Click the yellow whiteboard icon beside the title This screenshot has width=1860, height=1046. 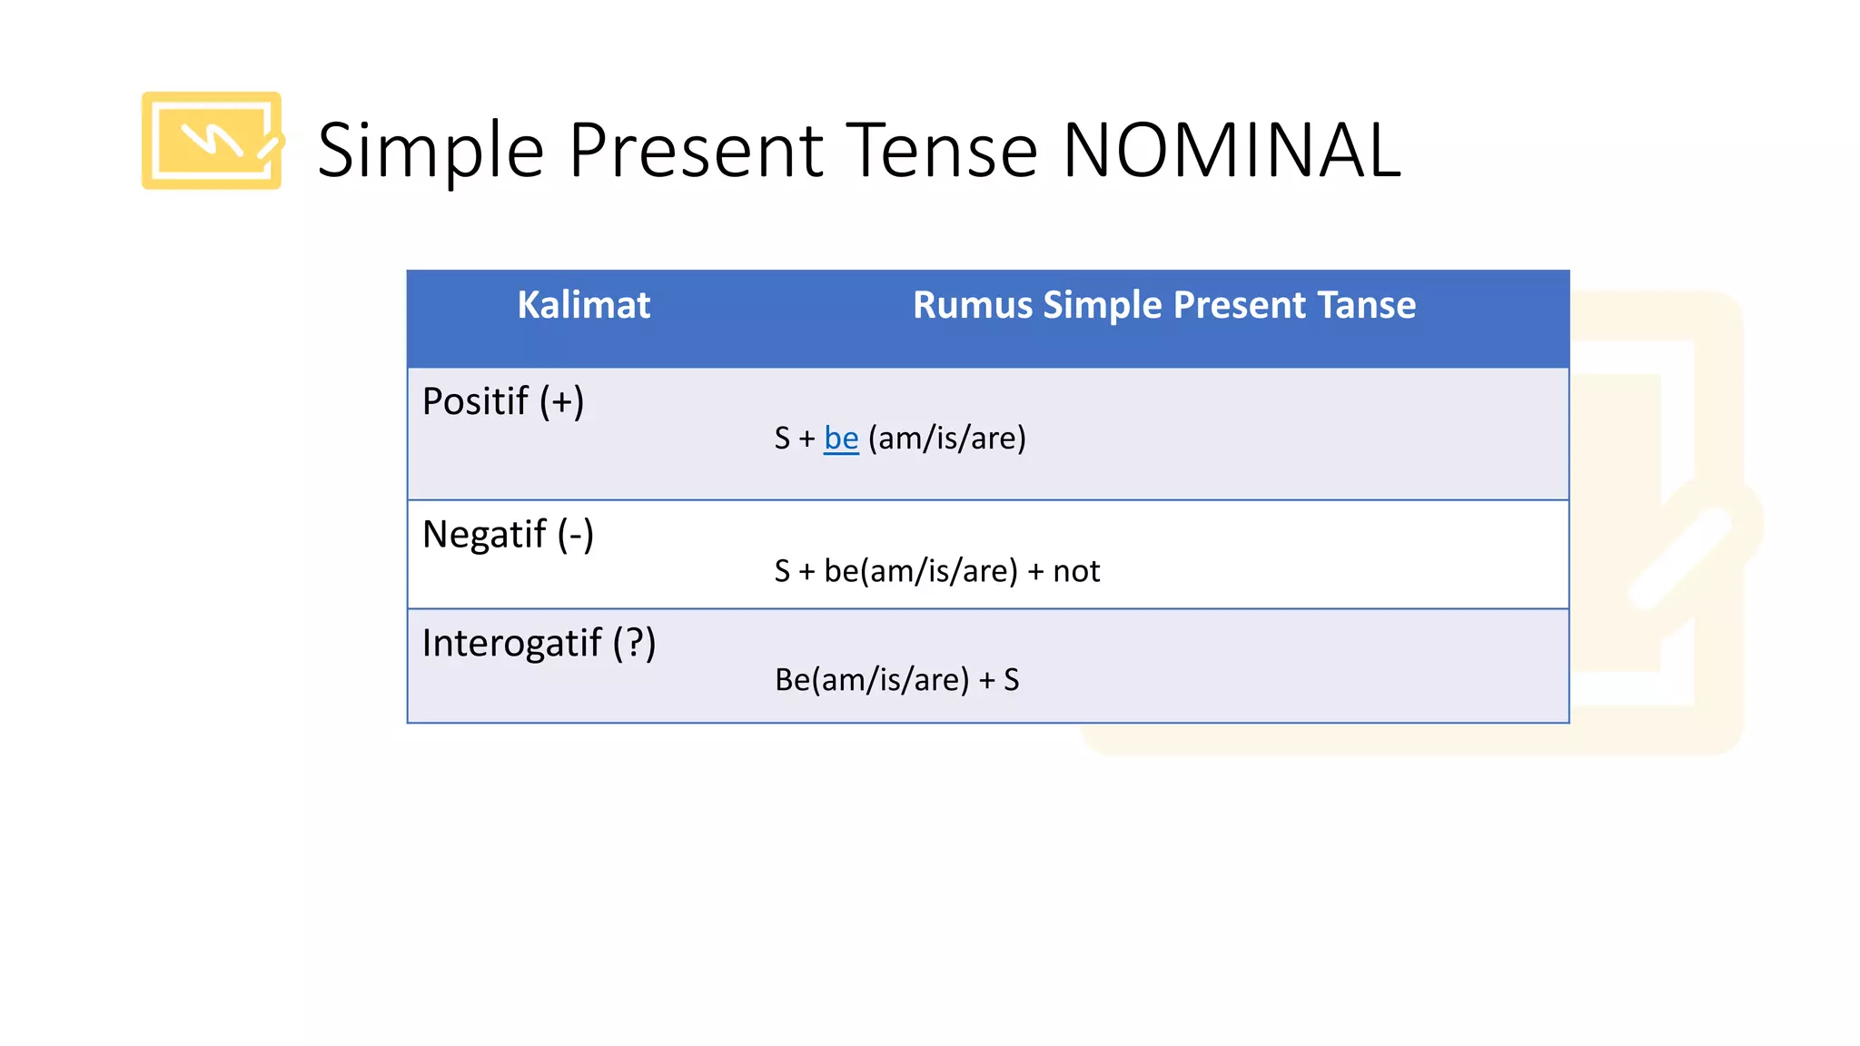pyautogui.click(x=212, y=141)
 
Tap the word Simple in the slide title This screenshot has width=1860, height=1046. pyautogui.click(x=430, y=152)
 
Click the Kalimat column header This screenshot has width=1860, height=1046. pyautogui.click(x=584, y=305)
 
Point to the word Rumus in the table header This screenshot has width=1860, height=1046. pyautogui.click(x=973, y=305)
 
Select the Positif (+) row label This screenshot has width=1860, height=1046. pyautogui.click(x=503, y=401)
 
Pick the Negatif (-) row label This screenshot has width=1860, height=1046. pyautogui.click(x=508, y=534)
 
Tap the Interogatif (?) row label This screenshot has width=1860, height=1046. pyautogui.click(x=539, y=643)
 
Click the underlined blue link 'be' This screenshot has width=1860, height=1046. pyautogui.click(x=841, y=439)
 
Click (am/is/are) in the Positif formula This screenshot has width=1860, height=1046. pyautogui.click(x=947, y=439)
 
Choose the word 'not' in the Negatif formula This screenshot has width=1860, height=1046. pyautogui.click(x=1076, y=571)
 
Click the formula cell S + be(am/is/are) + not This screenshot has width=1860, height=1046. pyautogui.click(x=936, y=571)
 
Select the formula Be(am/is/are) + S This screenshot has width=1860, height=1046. pyautogui.click(x=896, y=680)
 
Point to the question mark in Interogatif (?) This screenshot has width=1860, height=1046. pyautogui.click(x=635, y=643)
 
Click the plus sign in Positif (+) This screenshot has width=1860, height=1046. pyautogui.click(x=562, y=401)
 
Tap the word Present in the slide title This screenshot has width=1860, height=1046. pyautogui.click(x=696, y=150)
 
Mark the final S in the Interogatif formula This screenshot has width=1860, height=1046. pyautogui.click(x=1011, y=680)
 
